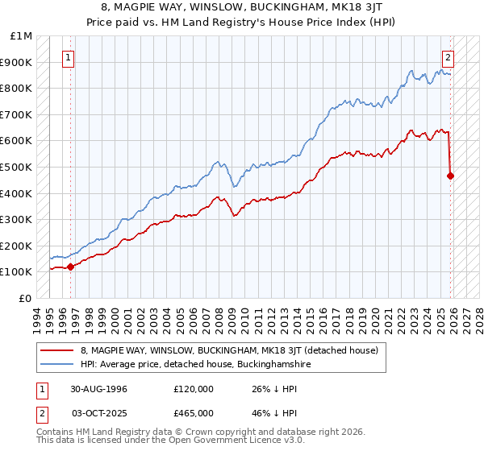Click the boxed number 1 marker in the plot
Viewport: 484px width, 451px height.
tap(69, 57)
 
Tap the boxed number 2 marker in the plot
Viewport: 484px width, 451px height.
tap(448, 57)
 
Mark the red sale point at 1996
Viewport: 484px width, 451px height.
tap(70, 266)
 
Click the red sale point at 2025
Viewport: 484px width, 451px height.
tap(451, 176)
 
